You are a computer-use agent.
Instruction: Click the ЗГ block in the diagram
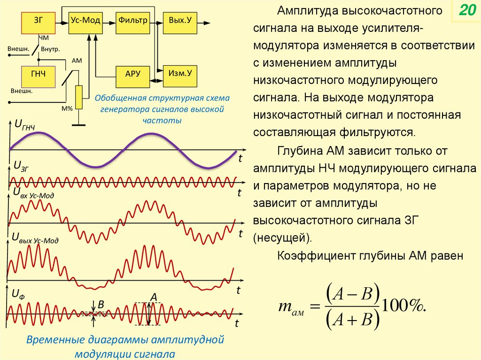(x=39, y=22)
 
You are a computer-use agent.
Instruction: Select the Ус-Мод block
(x=85, y=22)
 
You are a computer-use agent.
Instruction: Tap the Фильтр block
(x=133, y=22)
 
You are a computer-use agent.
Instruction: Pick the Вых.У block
(x=180, y=22)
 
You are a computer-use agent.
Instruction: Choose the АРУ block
(x=133, y=75)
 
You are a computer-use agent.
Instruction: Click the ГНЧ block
(x=39, y=75)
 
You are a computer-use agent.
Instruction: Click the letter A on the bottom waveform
(x=153, y=297)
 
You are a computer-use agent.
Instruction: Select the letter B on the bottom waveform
(x=101, y=305)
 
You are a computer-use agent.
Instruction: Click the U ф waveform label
(x=18, y=294)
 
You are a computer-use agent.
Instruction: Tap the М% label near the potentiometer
(x=67, y=108)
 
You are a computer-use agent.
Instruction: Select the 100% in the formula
(x=404, y=306)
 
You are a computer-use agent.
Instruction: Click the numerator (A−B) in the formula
(x=352, y=294)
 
